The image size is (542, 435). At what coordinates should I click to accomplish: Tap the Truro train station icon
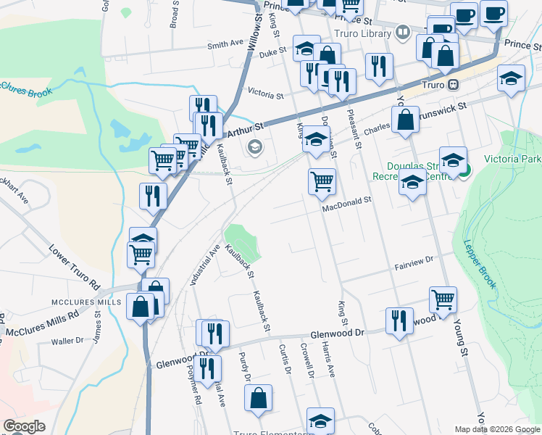[x=453, y=84]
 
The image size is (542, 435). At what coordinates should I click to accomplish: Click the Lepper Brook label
[x=480, y=264]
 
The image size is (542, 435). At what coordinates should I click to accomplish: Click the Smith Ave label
[x=225, y=44]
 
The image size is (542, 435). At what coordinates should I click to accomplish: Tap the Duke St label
[x=273, y=53]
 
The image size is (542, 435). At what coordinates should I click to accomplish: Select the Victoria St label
[x=264, y=94]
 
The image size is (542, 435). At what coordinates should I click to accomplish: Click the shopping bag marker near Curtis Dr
[x=258, y=398]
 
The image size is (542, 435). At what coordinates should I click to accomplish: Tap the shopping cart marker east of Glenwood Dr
[x=443, y=299]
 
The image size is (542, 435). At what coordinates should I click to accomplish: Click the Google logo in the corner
[x=24, y=426]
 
